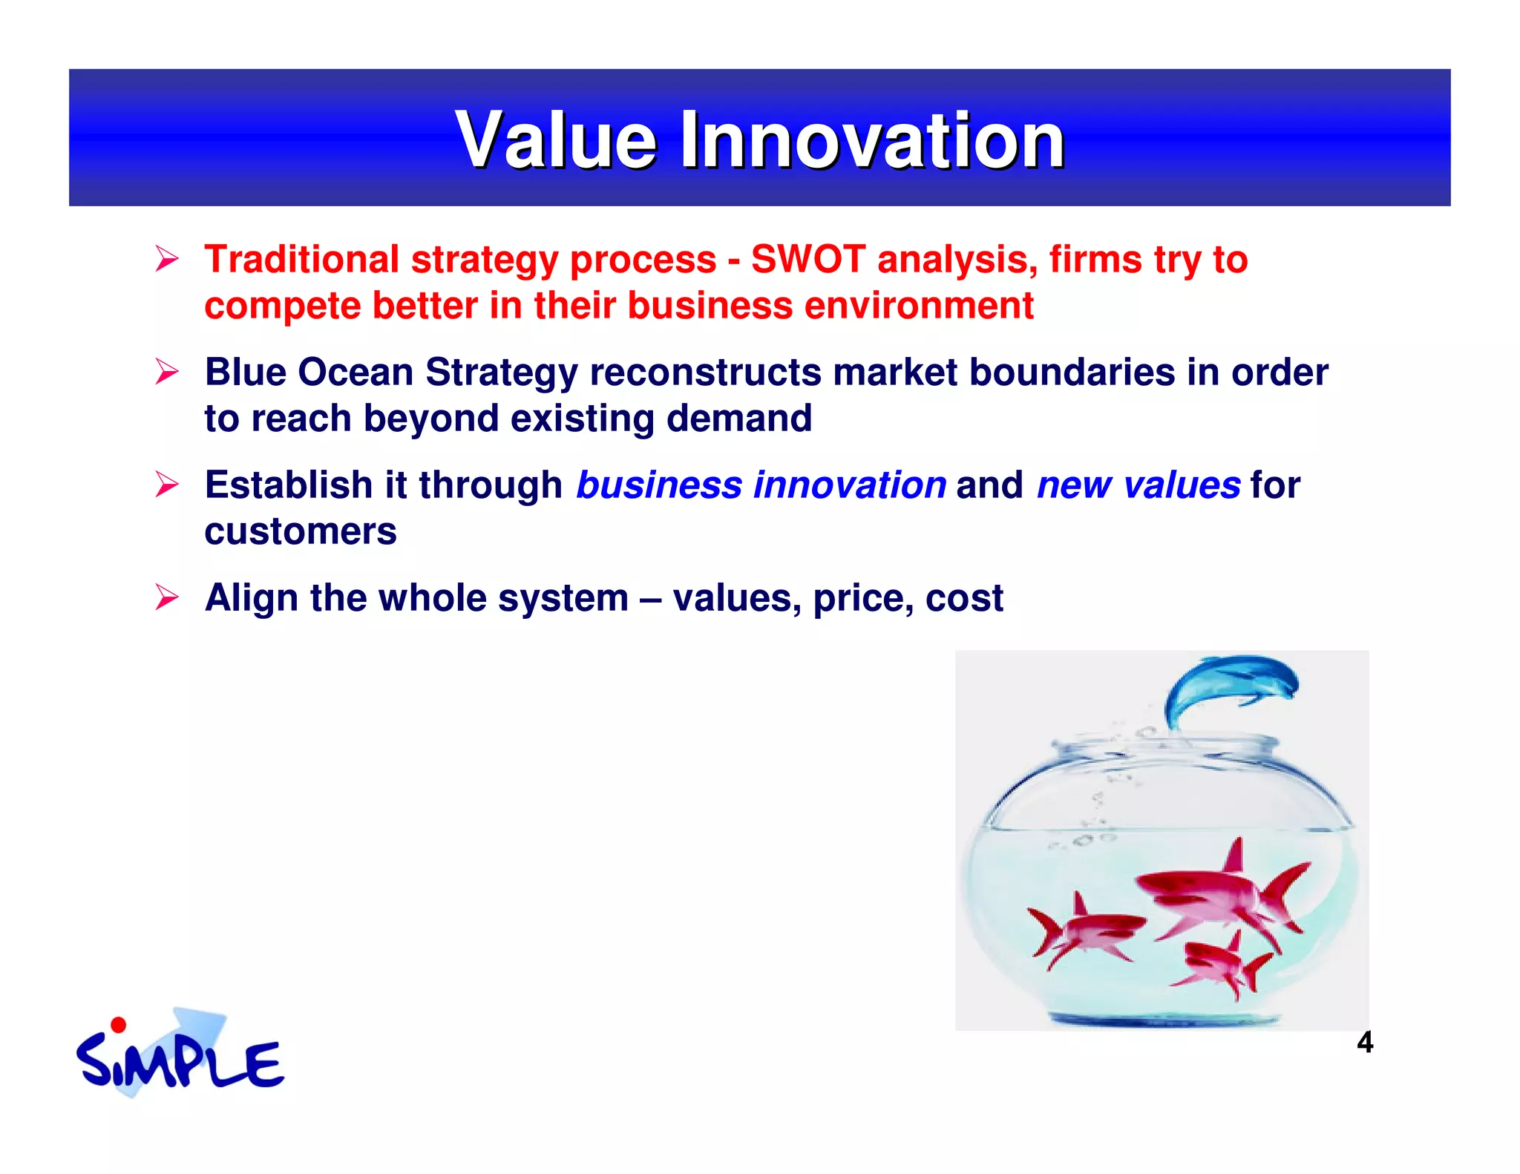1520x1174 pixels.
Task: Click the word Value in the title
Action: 557,140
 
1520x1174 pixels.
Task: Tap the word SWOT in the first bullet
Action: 807,260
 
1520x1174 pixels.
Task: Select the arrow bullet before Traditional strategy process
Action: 167,259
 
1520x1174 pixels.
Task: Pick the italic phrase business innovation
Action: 761,485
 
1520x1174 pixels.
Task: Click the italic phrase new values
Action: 1138,485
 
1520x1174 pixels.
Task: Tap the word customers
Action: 301,532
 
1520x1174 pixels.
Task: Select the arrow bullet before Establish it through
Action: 167,485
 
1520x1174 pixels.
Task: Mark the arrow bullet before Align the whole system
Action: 167,597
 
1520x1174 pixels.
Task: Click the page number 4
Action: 1364,1043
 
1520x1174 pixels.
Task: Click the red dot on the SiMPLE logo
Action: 118,1026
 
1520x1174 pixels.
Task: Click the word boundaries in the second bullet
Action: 1072,372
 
